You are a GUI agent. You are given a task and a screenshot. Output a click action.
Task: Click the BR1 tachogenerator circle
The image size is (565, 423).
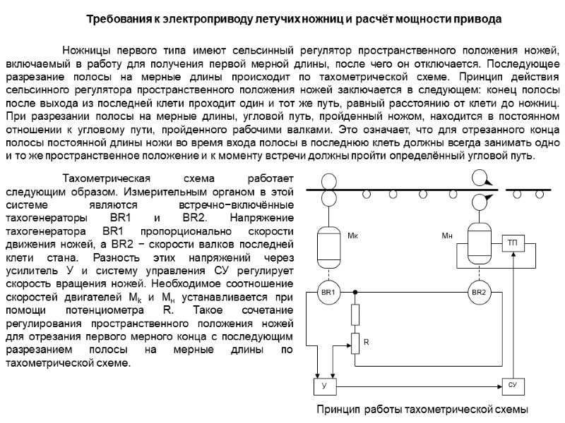click(x=327, y=291)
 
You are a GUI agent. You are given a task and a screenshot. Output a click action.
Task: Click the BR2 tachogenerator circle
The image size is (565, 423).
click(x=479, y=291)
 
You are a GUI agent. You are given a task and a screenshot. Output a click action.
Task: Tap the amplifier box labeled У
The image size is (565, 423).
click(x=324, y=386)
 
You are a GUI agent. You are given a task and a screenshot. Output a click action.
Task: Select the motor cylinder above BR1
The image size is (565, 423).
click(x=327, y=243)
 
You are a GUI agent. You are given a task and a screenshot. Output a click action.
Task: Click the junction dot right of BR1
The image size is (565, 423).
click(x=355, y=291)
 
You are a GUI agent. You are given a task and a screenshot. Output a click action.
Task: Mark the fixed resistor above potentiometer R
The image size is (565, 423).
click(x=355, y=314)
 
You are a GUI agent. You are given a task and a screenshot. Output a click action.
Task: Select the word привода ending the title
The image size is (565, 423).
click(x=480, y=19)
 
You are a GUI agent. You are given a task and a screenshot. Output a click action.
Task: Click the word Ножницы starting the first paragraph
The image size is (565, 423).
click(x=86, y=51)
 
